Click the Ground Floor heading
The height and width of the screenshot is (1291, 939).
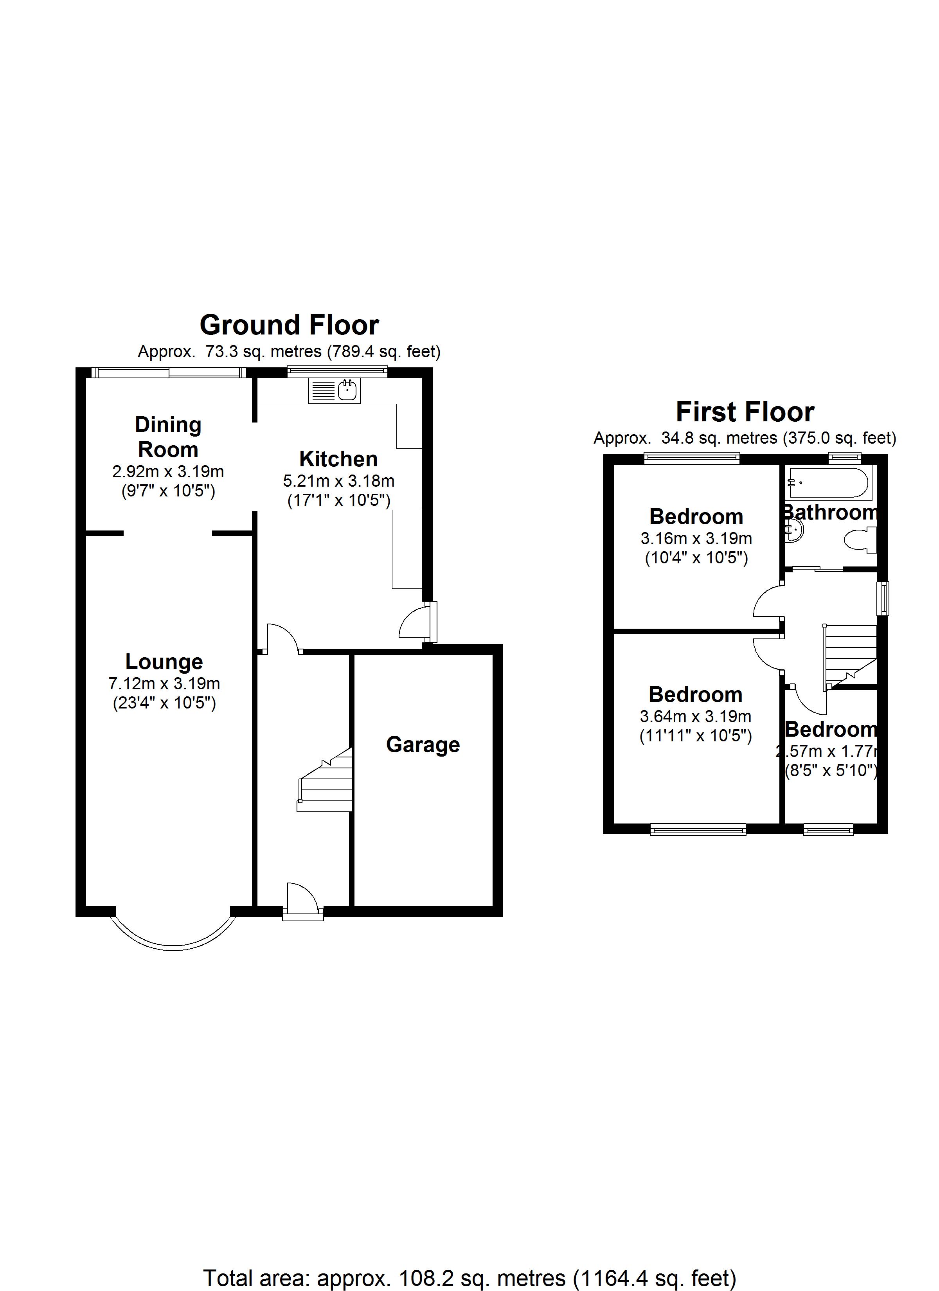(289, 325)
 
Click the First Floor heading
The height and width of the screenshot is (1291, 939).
(745, 412)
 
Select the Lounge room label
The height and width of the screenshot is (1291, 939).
(164, 662)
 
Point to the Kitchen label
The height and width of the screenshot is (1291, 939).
(338, 459)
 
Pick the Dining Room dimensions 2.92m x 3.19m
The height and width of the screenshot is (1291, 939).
(168, 472)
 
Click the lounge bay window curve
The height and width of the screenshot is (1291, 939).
(173, 944)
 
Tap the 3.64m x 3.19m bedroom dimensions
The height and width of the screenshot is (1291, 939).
(695, 717)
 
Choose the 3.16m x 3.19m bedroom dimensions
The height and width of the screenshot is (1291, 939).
(696, 538)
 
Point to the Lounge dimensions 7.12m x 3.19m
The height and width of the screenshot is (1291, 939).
(164, 683)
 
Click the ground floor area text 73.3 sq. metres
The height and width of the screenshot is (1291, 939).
(289, 352)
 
